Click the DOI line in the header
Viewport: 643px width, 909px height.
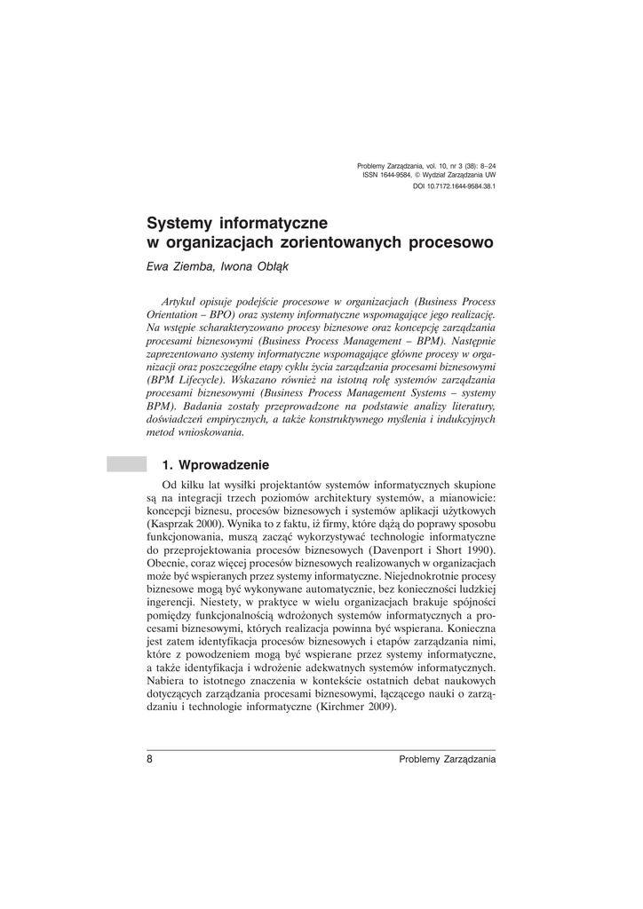[x=454, y=187]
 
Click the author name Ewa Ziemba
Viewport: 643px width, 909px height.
[x=175, y=264]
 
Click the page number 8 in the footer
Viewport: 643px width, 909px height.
[x=150, y=759]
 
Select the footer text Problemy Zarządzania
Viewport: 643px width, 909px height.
[x=447, y=759]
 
